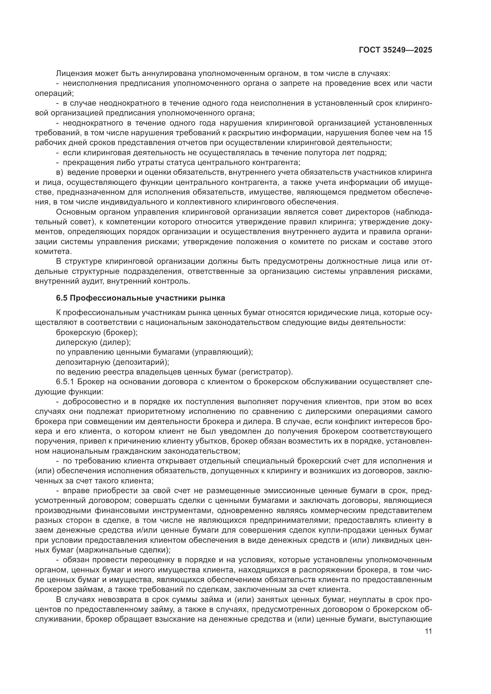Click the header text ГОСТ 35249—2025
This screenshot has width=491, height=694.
pyautogui.click(x=395, y=50)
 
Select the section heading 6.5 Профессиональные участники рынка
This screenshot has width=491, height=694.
pyautogui.click(x=141, y=298)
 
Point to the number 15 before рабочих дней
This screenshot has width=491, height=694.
pyautogui.click(x=427, y=133)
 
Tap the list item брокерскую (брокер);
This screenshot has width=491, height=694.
pyautogui.click(x=97, y=333)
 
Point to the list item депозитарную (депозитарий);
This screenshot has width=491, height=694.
pyautogui.click(x=113, y=362)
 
